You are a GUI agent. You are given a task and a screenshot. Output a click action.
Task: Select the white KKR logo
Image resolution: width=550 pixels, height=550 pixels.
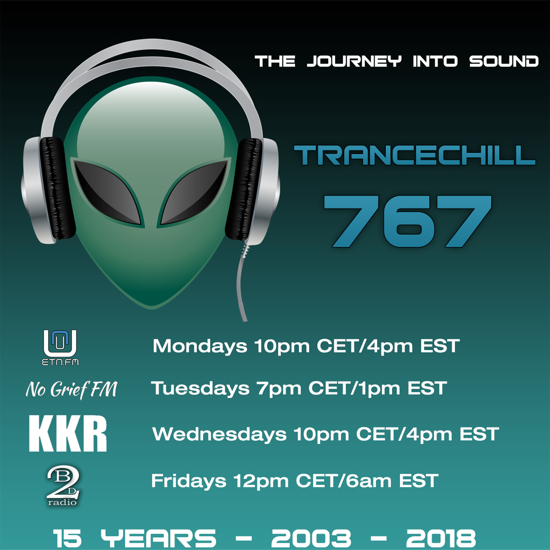pos(68,434)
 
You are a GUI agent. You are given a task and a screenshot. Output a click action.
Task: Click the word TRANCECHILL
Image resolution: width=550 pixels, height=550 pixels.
pos(415,155)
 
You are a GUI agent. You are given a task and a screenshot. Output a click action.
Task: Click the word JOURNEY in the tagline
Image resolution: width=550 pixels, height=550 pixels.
pos(354,61)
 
